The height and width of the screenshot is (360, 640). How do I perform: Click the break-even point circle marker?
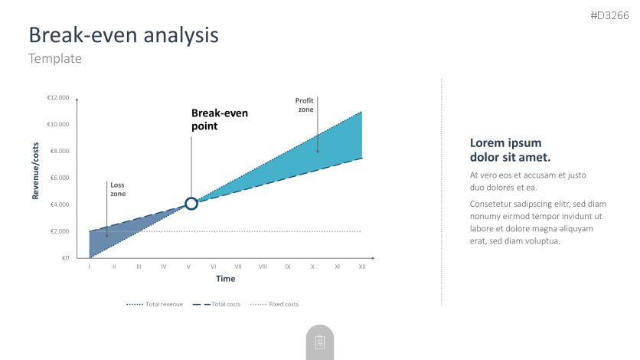[x=191, y=198]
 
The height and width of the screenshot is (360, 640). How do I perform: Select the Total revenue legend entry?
[x=155, y=304]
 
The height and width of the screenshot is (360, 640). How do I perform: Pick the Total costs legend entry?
[x=217, y=304]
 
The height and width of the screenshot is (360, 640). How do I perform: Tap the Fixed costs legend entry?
[x=274, y=304]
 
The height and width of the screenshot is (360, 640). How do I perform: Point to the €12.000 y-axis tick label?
[x=58, y=97]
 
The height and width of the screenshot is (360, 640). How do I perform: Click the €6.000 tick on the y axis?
[x=60, y=178]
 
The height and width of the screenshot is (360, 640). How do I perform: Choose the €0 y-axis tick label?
[x=66, y=258]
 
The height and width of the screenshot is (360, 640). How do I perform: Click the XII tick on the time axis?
[x=362, y=267]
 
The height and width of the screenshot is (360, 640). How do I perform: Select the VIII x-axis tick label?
[x=263, y=267]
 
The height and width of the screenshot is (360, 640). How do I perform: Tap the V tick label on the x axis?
[x=188, y=267]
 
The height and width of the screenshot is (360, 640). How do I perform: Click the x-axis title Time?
[x=226, y=279]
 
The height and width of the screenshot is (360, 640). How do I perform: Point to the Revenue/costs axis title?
[x=35, y=171]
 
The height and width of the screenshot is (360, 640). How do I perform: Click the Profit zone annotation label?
[x=305, y=105]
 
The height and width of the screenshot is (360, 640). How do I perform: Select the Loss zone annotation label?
[x=118, y=189]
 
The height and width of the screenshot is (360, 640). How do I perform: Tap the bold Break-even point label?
[x=220, y=119]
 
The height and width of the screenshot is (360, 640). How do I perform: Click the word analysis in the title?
[x=181, y=35]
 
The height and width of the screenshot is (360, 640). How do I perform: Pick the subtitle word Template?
[x=55, y=58]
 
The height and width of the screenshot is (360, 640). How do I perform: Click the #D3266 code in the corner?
[x=610, y=15]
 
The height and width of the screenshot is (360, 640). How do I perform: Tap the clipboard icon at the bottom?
[x=320, y=342]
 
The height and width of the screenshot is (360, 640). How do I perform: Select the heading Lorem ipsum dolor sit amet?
[x=510, y=150]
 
